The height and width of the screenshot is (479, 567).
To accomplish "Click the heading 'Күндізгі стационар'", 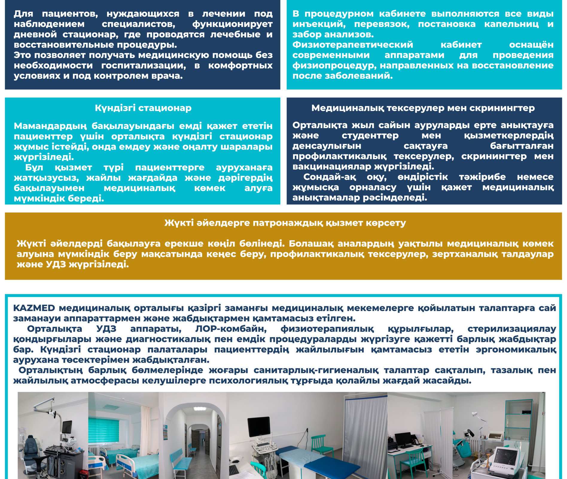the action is point(143,108).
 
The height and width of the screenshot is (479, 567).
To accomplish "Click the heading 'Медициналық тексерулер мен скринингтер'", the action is point(423,108).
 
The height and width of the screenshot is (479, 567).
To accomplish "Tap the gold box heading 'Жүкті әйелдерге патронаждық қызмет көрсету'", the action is point(285,223).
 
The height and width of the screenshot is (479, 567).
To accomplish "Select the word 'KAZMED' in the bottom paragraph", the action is point(34,308).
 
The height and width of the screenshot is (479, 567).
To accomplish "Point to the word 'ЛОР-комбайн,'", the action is point(231,329).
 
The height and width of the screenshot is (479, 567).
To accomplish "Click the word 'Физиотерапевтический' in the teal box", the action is point(353,45).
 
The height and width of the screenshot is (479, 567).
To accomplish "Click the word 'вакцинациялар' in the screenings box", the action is point(332,166).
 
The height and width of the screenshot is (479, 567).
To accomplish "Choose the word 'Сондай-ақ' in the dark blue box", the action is point(330,177).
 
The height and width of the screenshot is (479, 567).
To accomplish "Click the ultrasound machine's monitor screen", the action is point(259,426).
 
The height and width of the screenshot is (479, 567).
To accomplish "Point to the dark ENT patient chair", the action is point(33,455).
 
